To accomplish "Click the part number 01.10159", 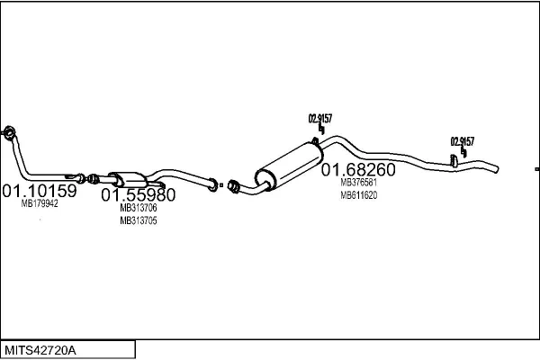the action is [x=40, y=191].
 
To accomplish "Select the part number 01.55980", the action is [x=138, y=195].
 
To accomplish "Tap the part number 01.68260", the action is [x=358, y=169].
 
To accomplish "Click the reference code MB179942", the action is [x=40, y=203].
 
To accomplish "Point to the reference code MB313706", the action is [x=139, y=208].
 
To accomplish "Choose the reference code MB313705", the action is [x=139, y=220].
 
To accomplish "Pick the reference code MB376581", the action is [x=359, y=182].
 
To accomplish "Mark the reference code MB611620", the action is [x=359, y=195].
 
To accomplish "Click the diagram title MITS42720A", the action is [x=40, y=350].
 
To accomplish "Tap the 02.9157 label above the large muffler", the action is [x=320, y=119].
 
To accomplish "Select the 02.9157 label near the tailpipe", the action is [x=463, y=141].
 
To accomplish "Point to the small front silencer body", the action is [x=129, y=179].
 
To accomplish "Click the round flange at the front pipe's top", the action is [x=9, y=132].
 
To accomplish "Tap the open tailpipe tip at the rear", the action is [x=496, y=169].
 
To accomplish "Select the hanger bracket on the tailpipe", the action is [x=454, y=161].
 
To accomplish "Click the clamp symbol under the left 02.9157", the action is [x=321, y=130].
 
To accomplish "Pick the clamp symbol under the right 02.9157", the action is [x=463, y=153].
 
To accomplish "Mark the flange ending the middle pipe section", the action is [x=213, y=185].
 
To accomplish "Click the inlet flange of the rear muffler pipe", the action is [x=233, y=186].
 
